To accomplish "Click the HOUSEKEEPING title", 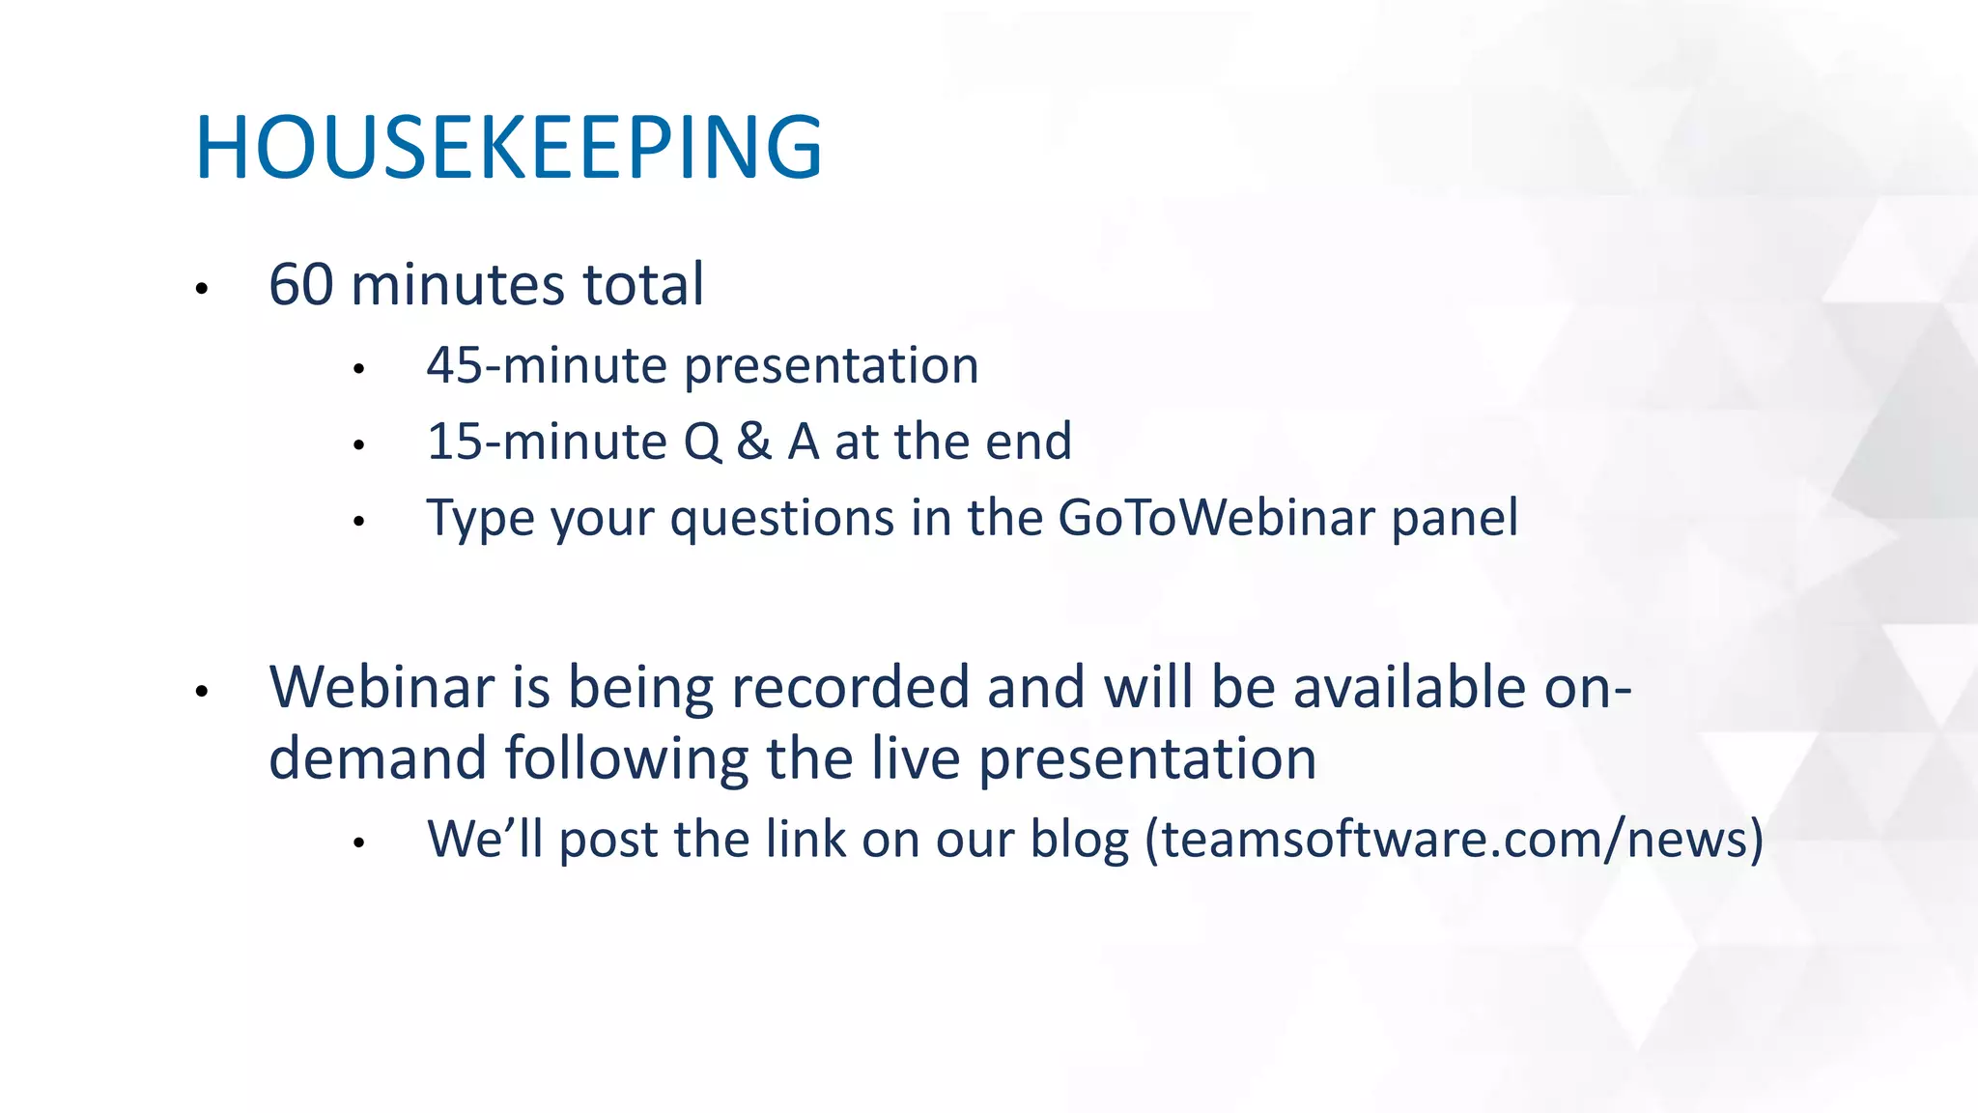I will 508,147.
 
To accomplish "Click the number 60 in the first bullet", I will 301,285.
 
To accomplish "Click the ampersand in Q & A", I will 753,442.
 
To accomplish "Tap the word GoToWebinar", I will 1216,518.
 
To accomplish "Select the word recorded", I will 849,688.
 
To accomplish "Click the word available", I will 1409,688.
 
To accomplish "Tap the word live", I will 916,758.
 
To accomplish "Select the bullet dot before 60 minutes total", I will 202,289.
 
